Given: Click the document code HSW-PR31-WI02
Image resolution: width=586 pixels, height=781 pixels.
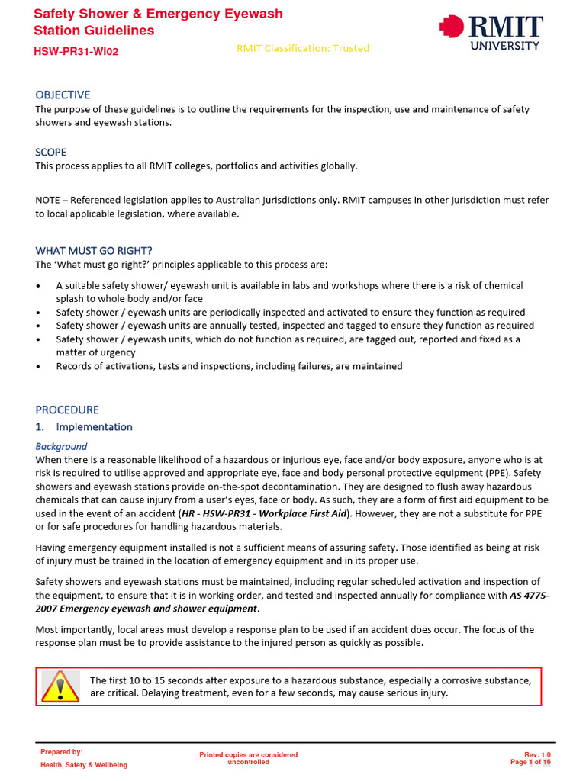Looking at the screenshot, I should (x=76, y=51).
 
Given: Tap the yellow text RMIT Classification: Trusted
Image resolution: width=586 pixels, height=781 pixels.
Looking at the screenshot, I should (x=303, y=48).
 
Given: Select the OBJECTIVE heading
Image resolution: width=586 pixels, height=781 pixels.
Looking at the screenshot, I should (x=63, y=95).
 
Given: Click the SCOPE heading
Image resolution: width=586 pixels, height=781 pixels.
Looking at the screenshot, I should (x=51, y=152).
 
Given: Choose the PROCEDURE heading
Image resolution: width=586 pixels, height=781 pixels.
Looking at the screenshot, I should (x=67, y=410).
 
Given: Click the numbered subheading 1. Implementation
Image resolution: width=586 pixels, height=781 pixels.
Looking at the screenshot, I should (x=84, y=427).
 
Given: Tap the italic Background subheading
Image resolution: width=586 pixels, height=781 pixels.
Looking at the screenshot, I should (x=61, y=446).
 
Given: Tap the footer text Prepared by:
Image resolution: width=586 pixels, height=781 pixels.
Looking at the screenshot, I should (x=62, y=752).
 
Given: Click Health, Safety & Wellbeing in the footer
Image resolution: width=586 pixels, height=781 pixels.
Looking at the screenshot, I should (x=84, y=765).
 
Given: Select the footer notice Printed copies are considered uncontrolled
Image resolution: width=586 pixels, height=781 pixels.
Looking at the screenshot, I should (x=249, y=758).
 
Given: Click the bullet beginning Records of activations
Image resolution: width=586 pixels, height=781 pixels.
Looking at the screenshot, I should (x=229, y=366).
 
